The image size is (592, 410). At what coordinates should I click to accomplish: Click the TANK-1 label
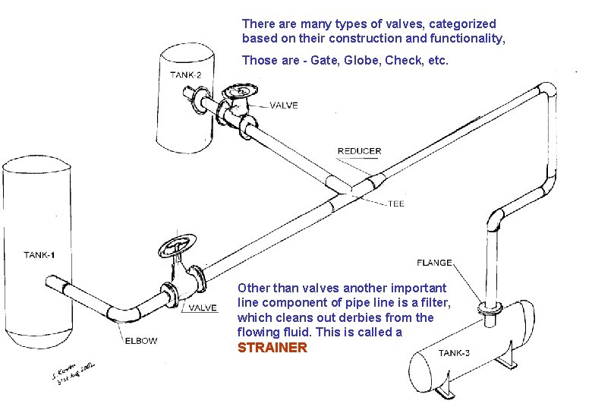pos(39,255)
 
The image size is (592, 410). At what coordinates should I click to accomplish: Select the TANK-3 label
pos(457,352)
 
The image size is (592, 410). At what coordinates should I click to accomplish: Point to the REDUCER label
pos(359,151)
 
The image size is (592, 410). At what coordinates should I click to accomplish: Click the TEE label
pos(396,203)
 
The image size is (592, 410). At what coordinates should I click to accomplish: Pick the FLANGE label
pos(435,263)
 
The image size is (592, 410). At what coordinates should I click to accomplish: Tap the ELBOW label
pos(140,340)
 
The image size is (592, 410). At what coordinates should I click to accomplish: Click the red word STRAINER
pos(272,348)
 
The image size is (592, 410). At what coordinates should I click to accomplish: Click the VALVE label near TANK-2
pos(284,106)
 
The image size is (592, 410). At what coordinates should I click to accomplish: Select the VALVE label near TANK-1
pos(203,307)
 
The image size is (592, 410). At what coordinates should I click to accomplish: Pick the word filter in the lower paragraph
pos(435,303)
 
